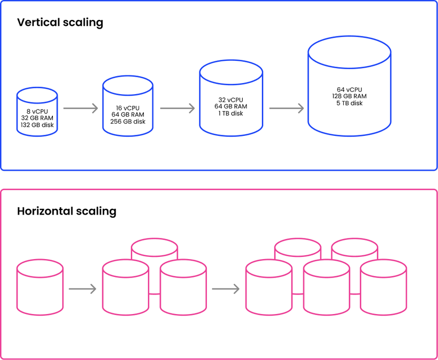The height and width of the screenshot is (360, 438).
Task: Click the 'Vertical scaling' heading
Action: point(60,23)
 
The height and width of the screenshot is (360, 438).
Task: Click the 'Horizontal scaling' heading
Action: point(67,211)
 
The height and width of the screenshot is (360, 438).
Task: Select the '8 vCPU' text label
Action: point(37,112)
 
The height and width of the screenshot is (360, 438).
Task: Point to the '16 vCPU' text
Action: point(127,107)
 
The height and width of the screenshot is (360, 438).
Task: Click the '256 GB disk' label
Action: point(127,121)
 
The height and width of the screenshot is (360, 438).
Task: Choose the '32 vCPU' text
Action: point(231,99)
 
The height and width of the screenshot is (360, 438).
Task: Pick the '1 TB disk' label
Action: point(231,113)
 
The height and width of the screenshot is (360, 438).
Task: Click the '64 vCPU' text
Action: point(349,89)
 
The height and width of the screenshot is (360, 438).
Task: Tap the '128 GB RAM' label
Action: point(349,96)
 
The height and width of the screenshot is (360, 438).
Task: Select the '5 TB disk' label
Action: point(349,103)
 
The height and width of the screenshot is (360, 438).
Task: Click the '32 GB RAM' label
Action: point(37,118)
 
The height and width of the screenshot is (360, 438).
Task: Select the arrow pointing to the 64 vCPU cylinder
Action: point(286,108)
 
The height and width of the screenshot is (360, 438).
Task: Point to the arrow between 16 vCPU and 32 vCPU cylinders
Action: point(177,108)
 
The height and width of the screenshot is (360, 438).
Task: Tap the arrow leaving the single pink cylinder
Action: point(82,289)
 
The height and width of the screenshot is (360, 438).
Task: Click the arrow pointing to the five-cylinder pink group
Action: point(225,289)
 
